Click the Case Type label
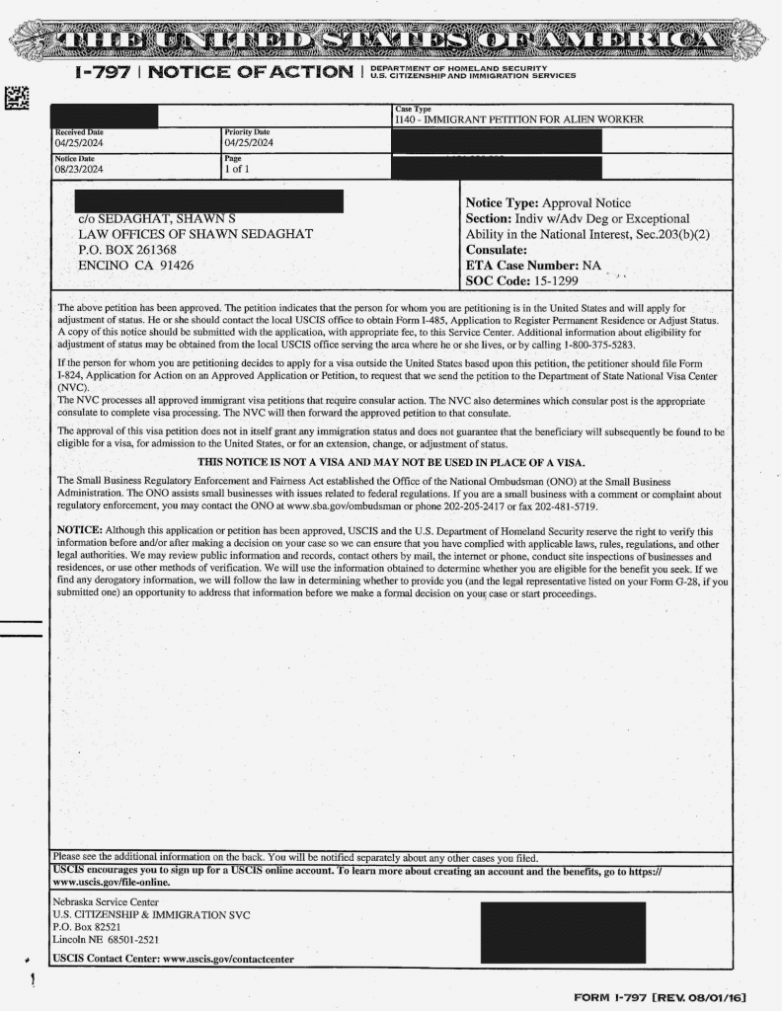413,109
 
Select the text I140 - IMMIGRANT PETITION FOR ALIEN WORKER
518,119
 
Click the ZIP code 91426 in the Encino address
174,265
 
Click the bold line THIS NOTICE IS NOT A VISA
391,462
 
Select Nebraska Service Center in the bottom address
105,902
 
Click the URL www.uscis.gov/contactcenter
227,959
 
